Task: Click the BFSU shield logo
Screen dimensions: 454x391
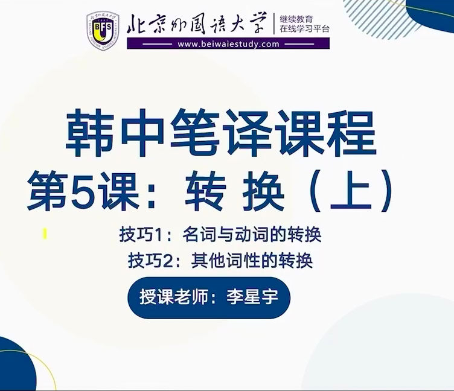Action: pos(103,31)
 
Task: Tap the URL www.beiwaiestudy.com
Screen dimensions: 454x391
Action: pos(228,44)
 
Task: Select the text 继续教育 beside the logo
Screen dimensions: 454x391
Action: pos(296,20)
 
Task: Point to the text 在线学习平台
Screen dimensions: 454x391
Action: pos(304,29)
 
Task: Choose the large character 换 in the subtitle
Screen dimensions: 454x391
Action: pos(263,191)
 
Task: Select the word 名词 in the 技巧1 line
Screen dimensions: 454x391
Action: pos(199,235)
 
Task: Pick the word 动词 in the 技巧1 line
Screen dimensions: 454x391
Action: pos(252,235)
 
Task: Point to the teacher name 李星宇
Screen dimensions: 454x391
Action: pos(252,297)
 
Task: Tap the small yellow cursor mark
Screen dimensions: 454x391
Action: pos(45,234)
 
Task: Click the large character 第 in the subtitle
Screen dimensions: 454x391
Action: pos(46,191)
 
